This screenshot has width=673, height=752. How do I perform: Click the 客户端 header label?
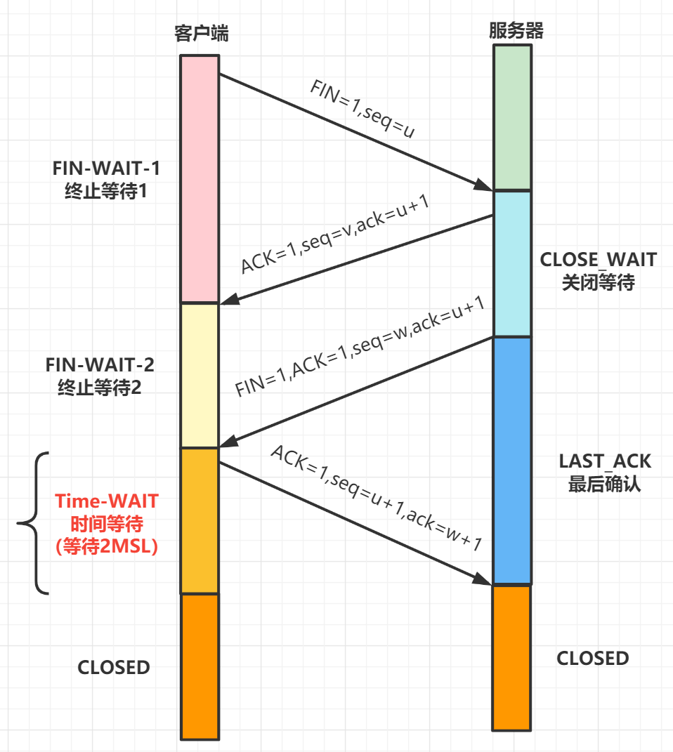click(x=201, y=34)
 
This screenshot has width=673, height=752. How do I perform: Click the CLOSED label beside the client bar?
click(x=114, y=667)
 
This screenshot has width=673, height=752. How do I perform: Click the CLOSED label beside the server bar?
click(x=593, y=658)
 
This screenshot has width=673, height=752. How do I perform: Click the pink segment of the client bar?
click(x=200, y=179)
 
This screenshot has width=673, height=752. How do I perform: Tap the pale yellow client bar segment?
click(x=200, y=376)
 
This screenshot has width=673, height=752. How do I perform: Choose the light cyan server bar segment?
click(x=512, y=264)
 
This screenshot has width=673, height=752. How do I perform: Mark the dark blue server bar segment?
click(x=512, y=461)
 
